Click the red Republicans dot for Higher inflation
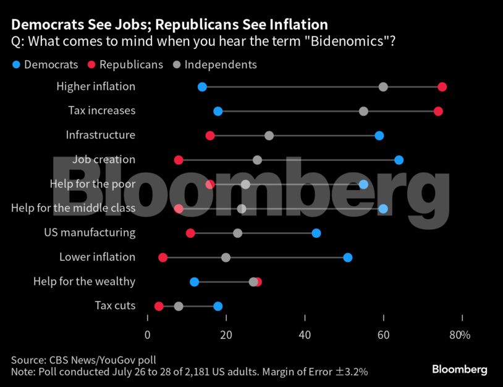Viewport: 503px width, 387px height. pos(442,87)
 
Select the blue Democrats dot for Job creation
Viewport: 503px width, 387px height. pos(399,160)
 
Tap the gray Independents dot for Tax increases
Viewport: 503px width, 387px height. pos(363,111)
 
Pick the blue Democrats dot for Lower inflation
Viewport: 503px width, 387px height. pos(348,258)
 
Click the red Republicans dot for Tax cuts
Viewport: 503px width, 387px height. pos(159,306)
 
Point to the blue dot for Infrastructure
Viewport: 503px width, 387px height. pos(379,136)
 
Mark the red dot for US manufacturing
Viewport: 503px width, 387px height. pos(190,233)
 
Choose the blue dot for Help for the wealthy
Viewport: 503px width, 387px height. pos(195,282)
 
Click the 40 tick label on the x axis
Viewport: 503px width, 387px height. pos(305,335)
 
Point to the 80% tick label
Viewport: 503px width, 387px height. pos(460,335)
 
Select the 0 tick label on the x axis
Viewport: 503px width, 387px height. pos(148,335)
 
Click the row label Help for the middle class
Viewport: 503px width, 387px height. pos(73,209)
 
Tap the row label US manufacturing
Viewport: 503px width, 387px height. pos(90,233)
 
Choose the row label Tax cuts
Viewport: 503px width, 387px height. pos(115,306)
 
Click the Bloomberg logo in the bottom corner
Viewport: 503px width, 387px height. pos(459,370)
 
